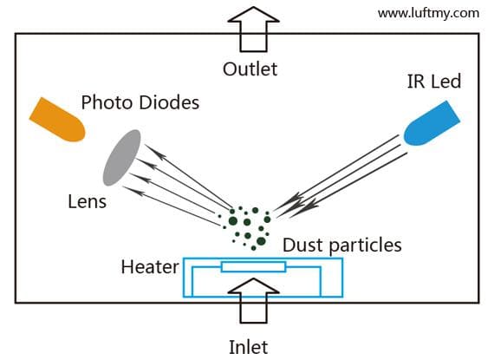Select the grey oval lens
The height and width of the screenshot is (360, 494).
pyautogui.click(x=121, y=158)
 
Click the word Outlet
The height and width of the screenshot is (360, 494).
pyautogui.click(x=250, y=69)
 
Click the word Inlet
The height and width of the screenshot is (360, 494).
pyautogui.click(x=249, y=347)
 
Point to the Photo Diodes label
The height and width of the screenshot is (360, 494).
pyautogui.click(x=140, y=102)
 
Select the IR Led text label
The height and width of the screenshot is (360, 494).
pyautogui.click(x=432, y=82)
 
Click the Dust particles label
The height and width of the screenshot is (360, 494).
pyautogui.click(x=342, y=245)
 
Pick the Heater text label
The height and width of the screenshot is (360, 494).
pyautogui.click(x=150, y=265)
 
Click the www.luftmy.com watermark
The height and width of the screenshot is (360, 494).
pyautogui.click(x=428, y=13)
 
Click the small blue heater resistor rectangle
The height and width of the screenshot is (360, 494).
pyautogui.click(x=253, y=266)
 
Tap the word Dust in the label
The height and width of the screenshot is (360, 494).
pyautogui.click(x=302, y=245)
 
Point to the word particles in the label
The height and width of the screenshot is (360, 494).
pyautogui.click(x=363, y=245)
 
